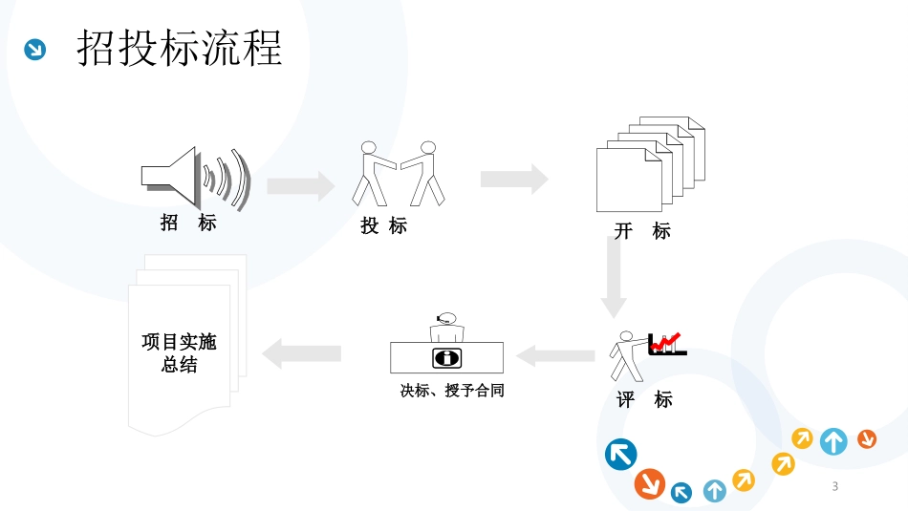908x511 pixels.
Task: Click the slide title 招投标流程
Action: (180, 48)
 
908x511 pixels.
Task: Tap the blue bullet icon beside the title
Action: (35, 49)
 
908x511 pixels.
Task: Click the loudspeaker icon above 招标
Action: (195, 178)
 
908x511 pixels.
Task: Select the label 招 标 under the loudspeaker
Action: (188, 224)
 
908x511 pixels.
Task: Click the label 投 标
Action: (384, 226)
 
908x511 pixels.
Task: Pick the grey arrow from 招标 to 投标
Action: (300, 184)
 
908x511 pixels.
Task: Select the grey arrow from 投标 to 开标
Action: (513, 179)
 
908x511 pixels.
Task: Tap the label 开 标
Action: (642, 231)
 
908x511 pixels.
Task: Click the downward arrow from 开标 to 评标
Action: (614, 277)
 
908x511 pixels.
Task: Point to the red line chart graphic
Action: (666, 343)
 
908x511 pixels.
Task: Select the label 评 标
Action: (644, 399)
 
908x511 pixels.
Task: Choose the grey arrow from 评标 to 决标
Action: (555, 356)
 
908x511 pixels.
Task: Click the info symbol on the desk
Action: (446, 359)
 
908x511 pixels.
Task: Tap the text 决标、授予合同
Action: (452, 391)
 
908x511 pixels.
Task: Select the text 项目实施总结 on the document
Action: (179, 353)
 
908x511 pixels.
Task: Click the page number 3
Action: (835, 487)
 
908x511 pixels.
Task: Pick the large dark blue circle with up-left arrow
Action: (621, 454)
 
